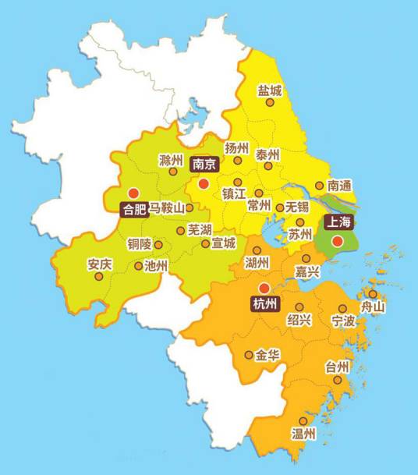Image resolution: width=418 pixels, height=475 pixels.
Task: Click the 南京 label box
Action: point(204,165)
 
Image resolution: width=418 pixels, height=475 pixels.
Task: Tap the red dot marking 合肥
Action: point(133,192)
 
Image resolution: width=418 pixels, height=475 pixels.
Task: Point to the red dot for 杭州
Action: point(264,288)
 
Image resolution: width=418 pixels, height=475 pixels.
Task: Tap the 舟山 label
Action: point(373,307)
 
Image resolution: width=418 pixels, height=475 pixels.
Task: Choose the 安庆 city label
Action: point(100,264)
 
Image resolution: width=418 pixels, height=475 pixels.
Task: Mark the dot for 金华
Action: point(249,355)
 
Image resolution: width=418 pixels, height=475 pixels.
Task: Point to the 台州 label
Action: point(337,367)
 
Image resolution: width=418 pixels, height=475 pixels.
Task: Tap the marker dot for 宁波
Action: point(342,308)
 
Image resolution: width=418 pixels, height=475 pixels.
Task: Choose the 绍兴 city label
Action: point(299,320)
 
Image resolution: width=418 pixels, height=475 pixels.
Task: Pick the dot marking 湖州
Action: point(257,250)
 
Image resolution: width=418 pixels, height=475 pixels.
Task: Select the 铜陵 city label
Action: point(140,243)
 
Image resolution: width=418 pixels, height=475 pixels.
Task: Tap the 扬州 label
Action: point(236,148)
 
